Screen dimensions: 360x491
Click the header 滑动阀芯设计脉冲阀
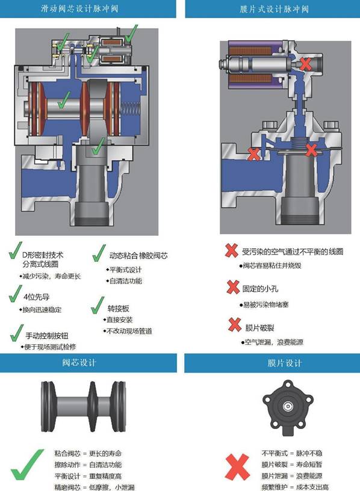79,8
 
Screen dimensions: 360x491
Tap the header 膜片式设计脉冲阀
274,9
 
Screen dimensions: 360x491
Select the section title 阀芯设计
79,363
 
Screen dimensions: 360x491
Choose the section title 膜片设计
285,363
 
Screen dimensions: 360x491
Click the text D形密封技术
43,255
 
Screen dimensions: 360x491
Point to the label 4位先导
36,297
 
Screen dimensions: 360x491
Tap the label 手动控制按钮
47,336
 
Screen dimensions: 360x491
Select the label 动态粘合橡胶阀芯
138,256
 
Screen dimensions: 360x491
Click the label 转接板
118,309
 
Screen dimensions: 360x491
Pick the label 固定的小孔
260,288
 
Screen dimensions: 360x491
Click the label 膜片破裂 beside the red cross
259,328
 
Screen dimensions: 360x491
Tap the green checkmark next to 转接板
98,305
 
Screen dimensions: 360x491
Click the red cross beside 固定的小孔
233,287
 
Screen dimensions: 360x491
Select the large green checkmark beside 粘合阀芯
27,465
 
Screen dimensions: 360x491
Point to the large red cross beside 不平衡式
238,467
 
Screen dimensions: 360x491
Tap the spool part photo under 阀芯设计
83,406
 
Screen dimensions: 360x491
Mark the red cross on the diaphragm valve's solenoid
305,64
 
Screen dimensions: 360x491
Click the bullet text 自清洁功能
126,281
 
